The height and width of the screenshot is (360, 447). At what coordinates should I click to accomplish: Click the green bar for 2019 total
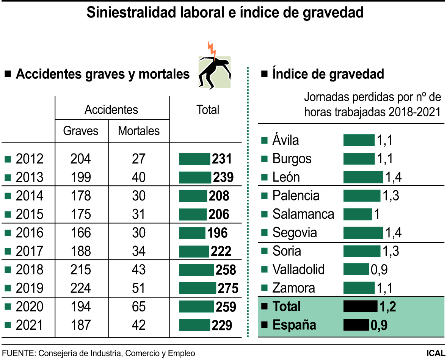(197, 288)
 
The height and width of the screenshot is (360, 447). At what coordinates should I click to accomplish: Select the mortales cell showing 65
(139, 307)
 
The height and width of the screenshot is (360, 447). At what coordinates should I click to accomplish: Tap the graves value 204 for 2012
(80, 159)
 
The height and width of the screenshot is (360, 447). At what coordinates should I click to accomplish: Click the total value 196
(217, 233)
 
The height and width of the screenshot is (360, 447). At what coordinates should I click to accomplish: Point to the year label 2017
(30, 251)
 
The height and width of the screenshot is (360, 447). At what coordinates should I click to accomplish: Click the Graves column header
(80, 131)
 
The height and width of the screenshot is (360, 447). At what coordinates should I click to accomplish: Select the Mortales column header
(139, 131)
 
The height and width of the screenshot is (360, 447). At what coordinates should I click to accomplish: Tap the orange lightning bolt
(211, 50)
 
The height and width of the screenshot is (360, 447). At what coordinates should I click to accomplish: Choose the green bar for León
(363, 177)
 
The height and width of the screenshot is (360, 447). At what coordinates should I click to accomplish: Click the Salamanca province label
(303, 214)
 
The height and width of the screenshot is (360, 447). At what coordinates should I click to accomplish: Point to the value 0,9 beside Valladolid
(379, 270)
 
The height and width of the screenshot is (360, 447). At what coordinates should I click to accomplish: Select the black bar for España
(356, 325)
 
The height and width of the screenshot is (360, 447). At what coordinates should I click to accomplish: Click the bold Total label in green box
(286, 307)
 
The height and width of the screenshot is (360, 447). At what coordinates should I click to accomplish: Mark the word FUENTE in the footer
(17, 353)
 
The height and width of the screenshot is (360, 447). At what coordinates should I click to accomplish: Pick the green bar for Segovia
(363, 233)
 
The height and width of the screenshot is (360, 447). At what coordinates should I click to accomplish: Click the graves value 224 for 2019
(80, 288)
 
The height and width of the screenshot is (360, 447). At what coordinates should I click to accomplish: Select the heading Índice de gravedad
(328, 74)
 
